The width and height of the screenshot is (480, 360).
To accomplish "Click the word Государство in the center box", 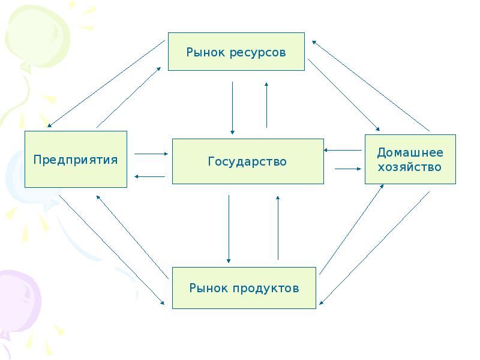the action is tap(247, 161).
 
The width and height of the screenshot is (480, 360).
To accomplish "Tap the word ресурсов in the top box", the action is tap(257, 53).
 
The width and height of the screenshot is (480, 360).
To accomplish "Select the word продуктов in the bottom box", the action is tap(266, 288).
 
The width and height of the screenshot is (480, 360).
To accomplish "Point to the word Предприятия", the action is tap(76, 160).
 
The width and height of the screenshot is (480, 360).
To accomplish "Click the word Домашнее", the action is tap(410, 152).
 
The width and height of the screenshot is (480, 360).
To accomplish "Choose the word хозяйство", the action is tap(410, 167).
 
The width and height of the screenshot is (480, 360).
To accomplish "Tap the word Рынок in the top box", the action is tap(205, 52).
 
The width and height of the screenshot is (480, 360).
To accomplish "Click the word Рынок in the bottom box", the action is tap(209, 288).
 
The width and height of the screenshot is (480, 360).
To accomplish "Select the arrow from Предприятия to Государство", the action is tap(151, 154).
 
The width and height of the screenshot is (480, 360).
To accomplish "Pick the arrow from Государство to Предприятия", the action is tap(149, 176).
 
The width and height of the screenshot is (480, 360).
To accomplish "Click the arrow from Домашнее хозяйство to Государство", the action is tap(343, 150).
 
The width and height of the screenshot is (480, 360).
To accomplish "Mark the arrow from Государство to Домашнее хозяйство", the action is tap(348, 169).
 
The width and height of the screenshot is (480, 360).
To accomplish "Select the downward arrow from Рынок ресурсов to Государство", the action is tap(232, 108).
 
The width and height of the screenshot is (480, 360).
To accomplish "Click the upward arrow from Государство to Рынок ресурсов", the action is tap(266, 105).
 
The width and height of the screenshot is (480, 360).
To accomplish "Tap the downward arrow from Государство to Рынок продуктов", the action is tap(229, 229).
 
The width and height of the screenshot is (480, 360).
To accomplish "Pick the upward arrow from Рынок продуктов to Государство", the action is tap(278, 228).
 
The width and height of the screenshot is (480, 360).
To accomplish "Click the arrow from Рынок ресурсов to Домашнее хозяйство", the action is tap(344, 95).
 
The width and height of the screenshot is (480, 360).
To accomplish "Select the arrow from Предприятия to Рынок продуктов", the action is tap(112, 250).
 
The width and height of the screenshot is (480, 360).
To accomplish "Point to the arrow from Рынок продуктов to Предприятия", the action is tap(133, 237).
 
